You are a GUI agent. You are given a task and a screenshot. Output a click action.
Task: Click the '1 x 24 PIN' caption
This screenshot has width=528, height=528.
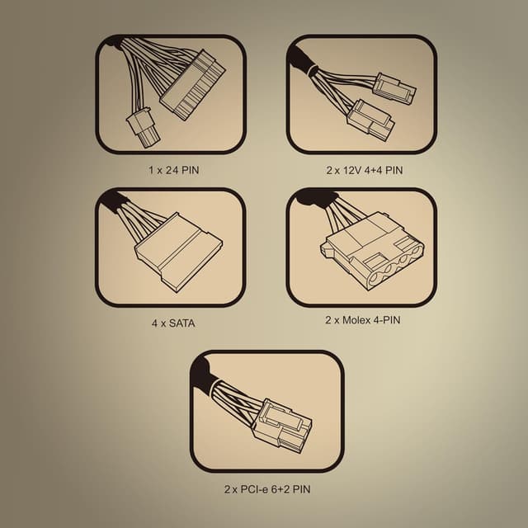coord(174,170)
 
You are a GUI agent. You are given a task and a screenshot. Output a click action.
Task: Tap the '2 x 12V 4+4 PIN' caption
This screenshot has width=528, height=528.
coord(365,170)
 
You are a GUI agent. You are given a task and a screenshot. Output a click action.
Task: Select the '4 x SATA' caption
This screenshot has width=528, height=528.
coord(173,323)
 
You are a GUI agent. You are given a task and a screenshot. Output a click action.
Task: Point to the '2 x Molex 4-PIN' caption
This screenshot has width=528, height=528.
coord(363,319)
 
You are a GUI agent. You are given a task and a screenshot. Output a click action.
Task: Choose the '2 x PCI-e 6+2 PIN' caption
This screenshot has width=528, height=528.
coord(267,489)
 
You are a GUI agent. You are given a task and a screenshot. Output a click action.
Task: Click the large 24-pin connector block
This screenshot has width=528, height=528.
coord(193,86)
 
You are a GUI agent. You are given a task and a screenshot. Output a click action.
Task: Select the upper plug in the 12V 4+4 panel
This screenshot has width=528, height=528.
coord(395,89)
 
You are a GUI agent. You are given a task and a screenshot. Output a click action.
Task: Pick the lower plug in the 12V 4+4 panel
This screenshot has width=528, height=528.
coord(370,120)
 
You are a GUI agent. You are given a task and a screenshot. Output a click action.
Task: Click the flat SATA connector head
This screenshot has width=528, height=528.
coord(178,252)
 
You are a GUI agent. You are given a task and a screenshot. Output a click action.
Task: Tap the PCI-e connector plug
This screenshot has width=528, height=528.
coord(283,426)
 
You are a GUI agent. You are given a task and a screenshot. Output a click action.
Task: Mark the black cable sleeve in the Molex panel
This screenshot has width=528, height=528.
coord(317,199)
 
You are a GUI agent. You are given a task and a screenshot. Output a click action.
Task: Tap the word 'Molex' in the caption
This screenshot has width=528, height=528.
coord(356,319)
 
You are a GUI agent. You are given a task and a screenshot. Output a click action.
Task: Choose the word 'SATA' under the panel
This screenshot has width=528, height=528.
coord(181,323)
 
